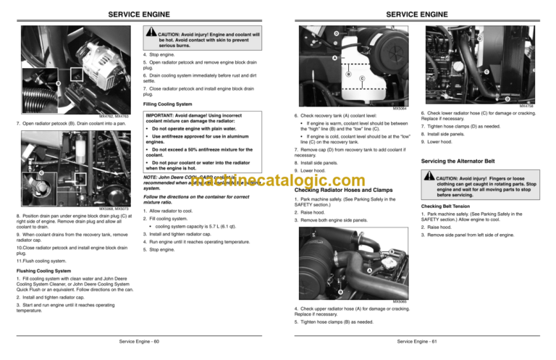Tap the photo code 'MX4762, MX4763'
[x=113, y=116]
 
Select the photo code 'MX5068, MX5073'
[x=114, y=209]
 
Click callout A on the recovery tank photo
[x=334, y=58]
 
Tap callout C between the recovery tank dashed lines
[x=361, y=78]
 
